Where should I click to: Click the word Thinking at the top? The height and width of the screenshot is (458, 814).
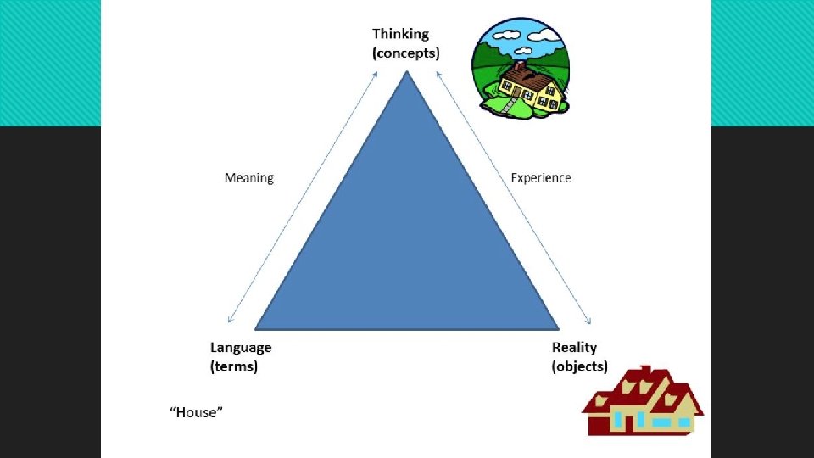401,34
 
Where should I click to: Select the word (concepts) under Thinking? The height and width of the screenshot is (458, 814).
406,53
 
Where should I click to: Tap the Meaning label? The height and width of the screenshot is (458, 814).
249,178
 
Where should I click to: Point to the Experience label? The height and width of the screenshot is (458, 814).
541,178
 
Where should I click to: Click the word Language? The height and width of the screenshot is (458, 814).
241,348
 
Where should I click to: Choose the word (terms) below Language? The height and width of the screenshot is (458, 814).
234,366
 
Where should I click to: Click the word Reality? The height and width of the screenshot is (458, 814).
574,348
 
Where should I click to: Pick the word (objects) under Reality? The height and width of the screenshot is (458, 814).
580,366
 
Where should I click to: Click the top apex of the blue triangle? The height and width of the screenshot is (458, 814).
408,72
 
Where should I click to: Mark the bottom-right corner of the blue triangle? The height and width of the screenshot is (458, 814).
557,327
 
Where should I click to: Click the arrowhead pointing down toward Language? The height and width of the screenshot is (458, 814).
230,320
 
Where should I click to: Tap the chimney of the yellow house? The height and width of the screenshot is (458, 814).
518,66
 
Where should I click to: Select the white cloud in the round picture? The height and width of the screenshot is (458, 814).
507,35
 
